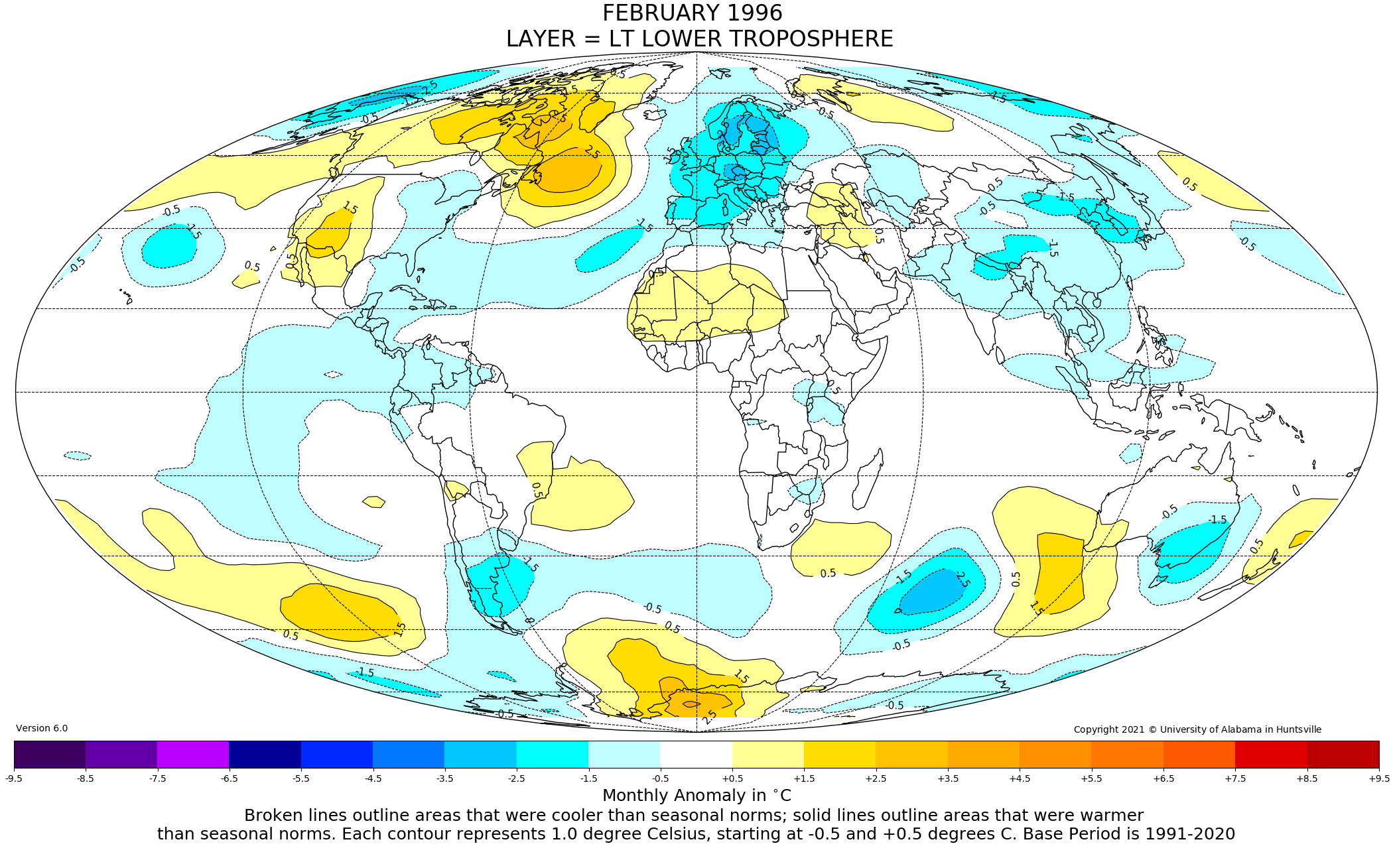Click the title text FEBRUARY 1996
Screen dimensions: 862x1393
[x=692, y=13]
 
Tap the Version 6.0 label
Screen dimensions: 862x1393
[x=42, y=728]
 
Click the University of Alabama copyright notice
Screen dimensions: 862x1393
[x=1197, y=729]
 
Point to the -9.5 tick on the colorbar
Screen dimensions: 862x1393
[x=14, y=778]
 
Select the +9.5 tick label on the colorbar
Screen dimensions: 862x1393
[x=1378, y=778]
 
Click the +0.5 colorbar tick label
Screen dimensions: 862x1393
[x=732, y=778]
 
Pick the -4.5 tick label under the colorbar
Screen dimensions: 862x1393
[x=373, y=778]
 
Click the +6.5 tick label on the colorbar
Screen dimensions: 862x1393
[x=1163, y=778]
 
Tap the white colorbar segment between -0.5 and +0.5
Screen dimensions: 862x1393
[x=696, y=755]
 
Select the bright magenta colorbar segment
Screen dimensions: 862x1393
[x=193, y=755]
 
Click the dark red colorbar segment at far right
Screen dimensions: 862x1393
[x=1343, y=755]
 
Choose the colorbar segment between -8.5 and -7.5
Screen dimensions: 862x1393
[x=121, y=755]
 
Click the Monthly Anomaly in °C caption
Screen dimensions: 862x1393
[x=696, y=795]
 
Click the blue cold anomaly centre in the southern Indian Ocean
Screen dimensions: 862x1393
[x=932, y=591]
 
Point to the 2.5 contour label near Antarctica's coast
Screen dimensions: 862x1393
[x=709, y=717]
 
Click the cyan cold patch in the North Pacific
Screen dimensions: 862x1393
[x=168, y=246]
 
